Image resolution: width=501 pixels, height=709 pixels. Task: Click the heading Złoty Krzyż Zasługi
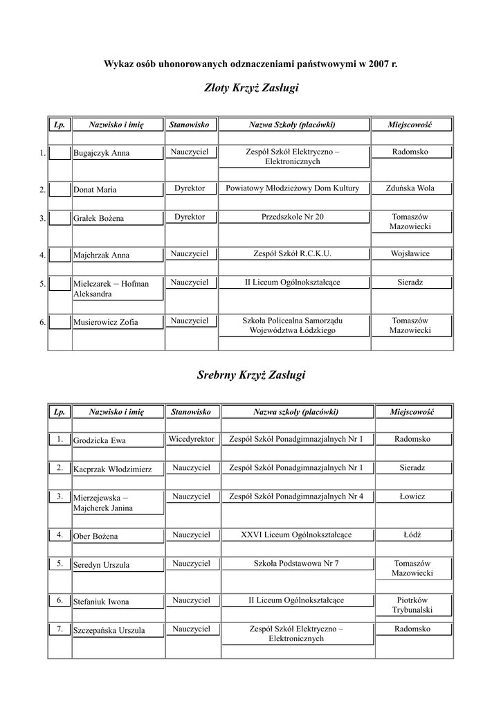point(250,89)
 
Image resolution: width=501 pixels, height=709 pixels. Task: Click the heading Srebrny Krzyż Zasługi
point(250,375)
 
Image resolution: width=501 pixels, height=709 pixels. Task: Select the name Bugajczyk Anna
point(101,153)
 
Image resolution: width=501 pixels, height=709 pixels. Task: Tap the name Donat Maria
point(95,190)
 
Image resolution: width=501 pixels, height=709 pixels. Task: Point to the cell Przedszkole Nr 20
point(292,217)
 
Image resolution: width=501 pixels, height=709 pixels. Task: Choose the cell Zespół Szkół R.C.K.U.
point(292,253)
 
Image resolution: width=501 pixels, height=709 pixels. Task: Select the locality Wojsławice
point(410,253)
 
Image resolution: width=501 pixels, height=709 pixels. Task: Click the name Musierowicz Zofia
point(105,322)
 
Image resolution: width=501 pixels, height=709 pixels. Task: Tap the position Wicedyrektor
point(191,439)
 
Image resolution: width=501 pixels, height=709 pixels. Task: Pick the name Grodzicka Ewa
point(100,440)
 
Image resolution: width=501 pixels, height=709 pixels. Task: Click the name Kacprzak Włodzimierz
point(117,469)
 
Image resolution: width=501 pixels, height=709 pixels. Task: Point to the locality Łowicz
point(412,496)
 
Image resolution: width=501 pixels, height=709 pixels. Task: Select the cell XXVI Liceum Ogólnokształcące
point(296,535)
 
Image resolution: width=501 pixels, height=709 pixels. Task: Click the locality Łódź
point(412,535)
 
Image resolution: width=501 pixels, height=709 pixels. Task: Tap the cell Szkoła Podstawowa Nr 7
point(296,563)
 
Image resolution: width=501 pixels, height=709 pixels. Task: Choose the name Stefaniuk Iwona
point(101,602)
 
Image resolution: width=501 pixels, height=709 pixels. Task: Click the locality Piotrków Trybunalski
point(412,604)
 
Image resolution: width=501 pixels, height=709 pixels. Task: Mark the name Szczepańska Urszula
point(109,631)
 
